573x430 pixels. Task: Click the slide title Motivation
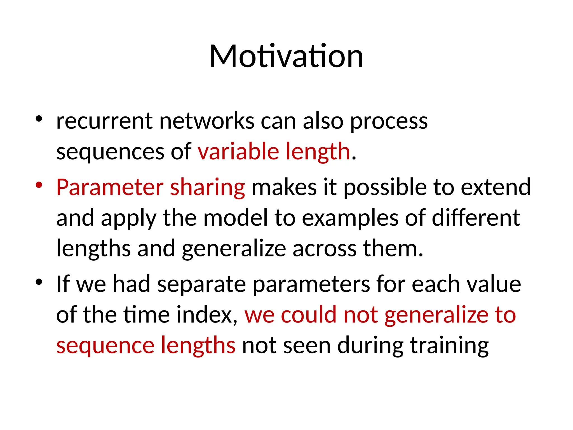(286, 57)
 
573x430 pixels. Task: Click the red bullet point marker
(39, 185)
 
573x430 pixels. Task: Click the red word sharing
(207, 188)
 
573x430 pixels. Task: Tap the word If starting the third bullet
(63, 284)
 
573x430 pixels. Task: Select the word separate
(201, 284)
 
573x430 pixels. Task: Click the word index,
(207, 315)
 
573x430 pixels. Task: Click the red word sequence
(105, 346)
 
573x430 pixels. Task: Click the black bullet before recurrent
(39, 119)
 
